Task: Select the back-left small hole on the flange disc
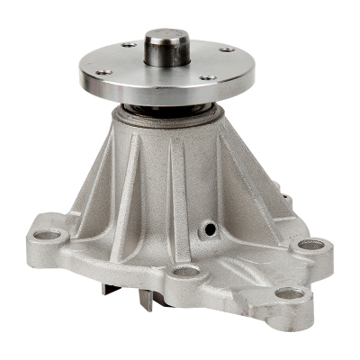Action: [129, 44]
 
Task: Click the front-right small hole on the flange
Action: [209, 77]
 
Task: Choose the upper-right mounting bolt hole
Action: [310, 244]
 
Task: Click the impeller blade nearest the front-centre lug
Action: [146, 298]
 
